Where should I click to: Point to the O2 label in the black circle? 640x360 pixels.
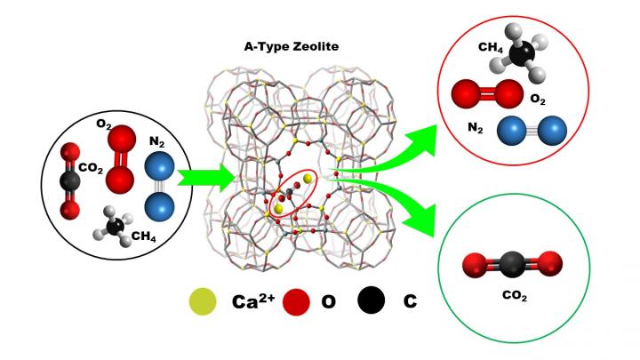[x=104, y=123]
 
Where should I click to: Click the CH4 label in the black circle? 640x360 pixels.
[x=143, y=236]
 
